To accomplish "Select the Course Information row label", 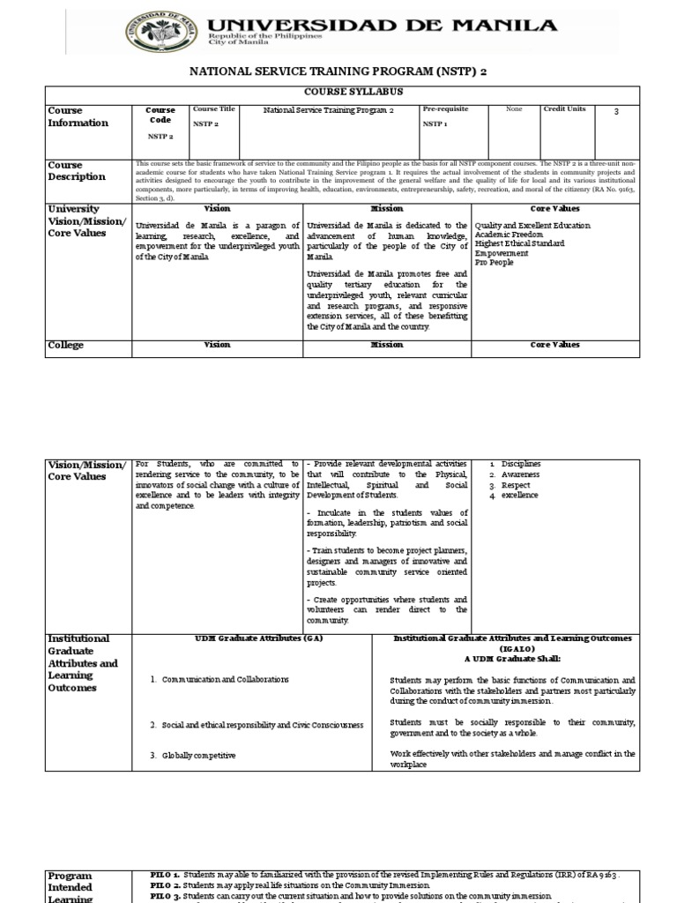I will (x=78, y=116).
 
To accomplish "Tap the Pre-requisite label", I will (x=445, y=108).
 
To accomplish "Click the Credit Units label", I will (x=564, y=108).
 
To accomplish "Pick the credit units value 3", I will (x=615, y=111).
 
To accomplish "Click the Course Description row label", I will (x=78, y=171).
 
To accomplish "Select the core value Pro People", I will (x=494, y=263).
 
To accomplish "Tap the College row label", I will (x=65, y=346).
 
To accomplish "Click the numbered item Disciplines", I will (x=520, y=464).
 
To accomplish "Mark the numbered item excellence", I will (x=519, y=496).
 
